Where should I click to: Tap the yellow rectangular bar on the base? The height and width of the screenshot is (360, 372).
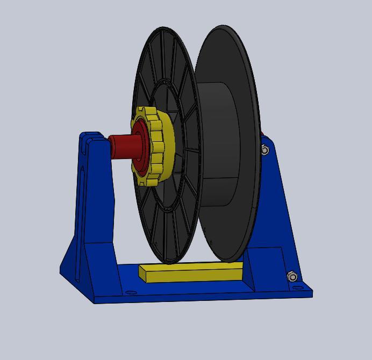(x=191, y=273)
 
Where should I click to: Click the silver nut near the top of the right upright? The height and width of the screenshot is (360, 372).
(x=264, y=150)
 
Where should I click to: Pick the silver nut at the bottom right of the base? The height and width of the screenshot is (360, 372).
(x=292, y=276)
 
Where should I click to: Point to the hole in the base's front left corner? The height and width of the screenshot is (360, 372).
(x=130, y=293)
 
